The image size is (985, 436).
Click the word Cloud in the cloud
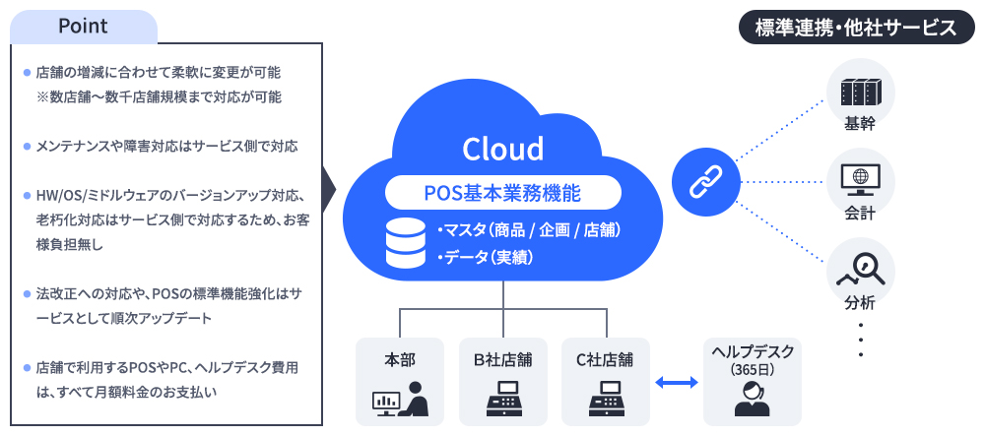[502, 149]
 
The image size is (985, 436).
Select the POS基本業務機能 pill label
[502, 191]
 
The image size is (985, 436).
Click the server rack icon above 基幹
[861, 93]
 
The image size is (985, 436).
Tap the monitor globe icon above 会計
[860, 179]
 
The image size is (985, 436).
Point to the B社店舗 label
[502, 358]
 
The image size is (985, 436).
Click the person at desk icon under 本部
[399, 399]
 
